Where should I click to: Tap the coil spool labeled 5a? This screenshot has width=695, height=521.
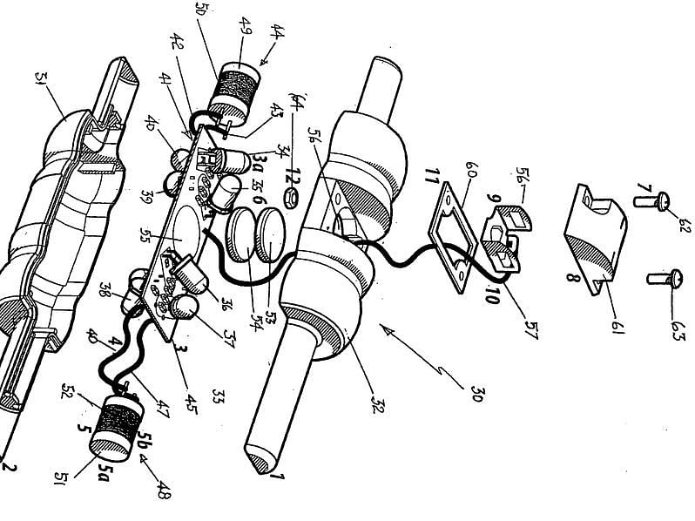[x=111, y=431]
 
